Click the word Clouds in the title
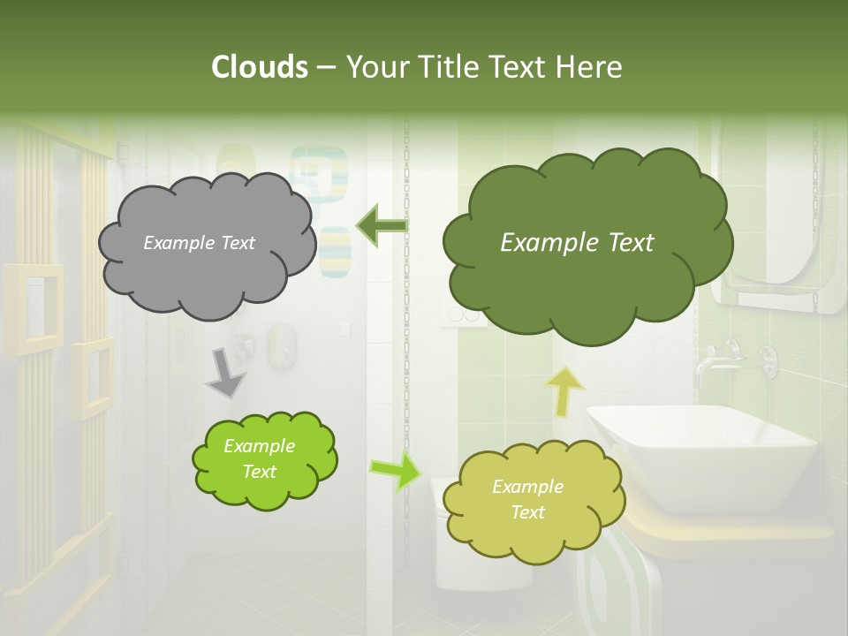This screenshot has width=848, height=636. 259,67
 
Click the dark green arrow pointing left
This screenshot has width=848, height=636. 382,226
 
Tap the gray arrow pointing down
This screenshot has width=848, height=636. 225,373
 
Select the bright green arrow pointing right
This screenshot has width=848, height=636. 395,471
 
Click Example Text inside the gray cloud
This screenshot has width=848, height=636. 199,243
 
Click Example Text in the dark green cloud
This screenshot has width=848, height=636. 577,243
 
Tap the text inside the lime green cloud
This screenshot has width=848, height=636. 259,458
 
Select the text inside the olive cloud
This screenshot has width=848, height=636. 527,499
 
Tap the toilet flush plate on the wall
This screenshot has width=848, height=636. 463,316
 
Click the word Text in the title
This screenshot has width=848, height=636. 519,67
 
